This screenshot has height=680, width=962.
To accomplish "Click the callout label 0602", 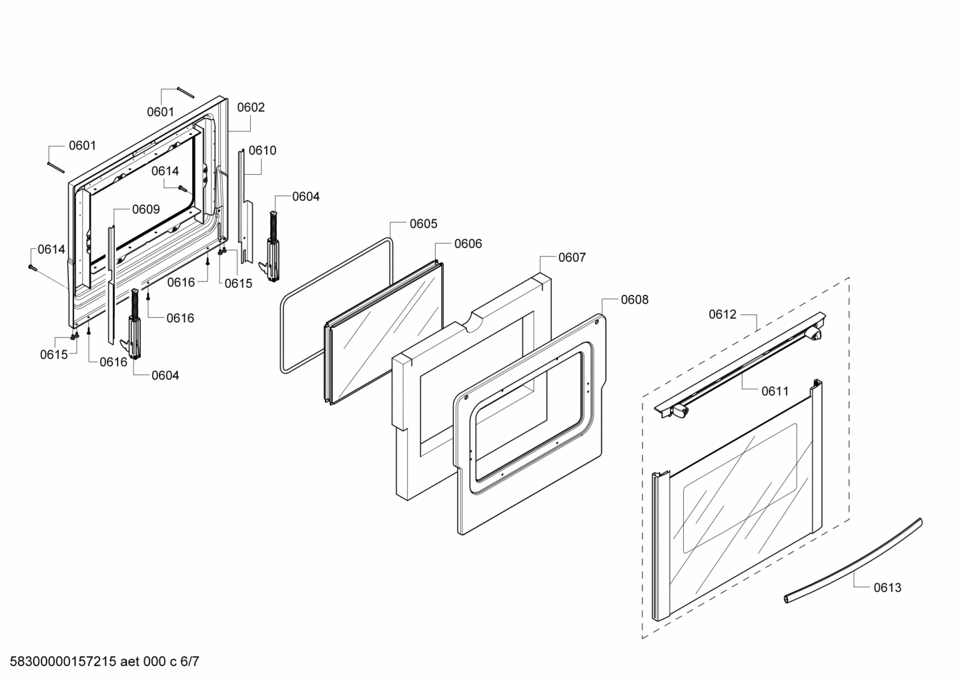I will coord(251,107).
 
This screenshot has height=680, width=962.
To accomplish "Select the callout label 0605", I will coord(423,224).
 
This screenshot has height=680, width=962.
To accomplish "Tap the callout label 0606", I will coord(468,244).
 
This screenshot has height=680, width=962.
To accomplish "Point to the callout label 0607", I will coord(572,258).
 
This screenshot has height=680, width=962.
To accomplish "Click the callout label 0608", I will coord(634,300).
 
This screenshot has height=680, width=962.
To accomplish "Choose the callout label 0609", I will coord(145,210).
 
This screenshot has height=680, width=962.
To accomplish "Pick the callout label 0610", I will coord(262,151).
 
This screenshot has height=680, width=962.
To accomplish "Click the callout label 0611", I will coord(775,392).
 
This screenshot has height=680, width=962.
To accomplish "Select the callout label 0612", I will coord(722,314).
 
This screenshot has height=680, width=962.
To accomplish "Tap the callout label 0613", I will coord(887,588).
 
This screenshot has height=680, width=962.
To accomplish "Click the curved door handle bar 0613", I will coord(861,561).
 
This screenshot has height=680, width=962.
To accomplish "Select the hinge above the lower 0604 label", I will coord(134,324).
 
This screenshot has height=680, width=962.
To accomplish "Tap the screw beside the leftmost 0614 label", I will coord(32,268).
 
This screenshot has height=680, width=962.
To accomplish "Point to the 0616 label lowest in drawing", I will coord(113,362).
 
